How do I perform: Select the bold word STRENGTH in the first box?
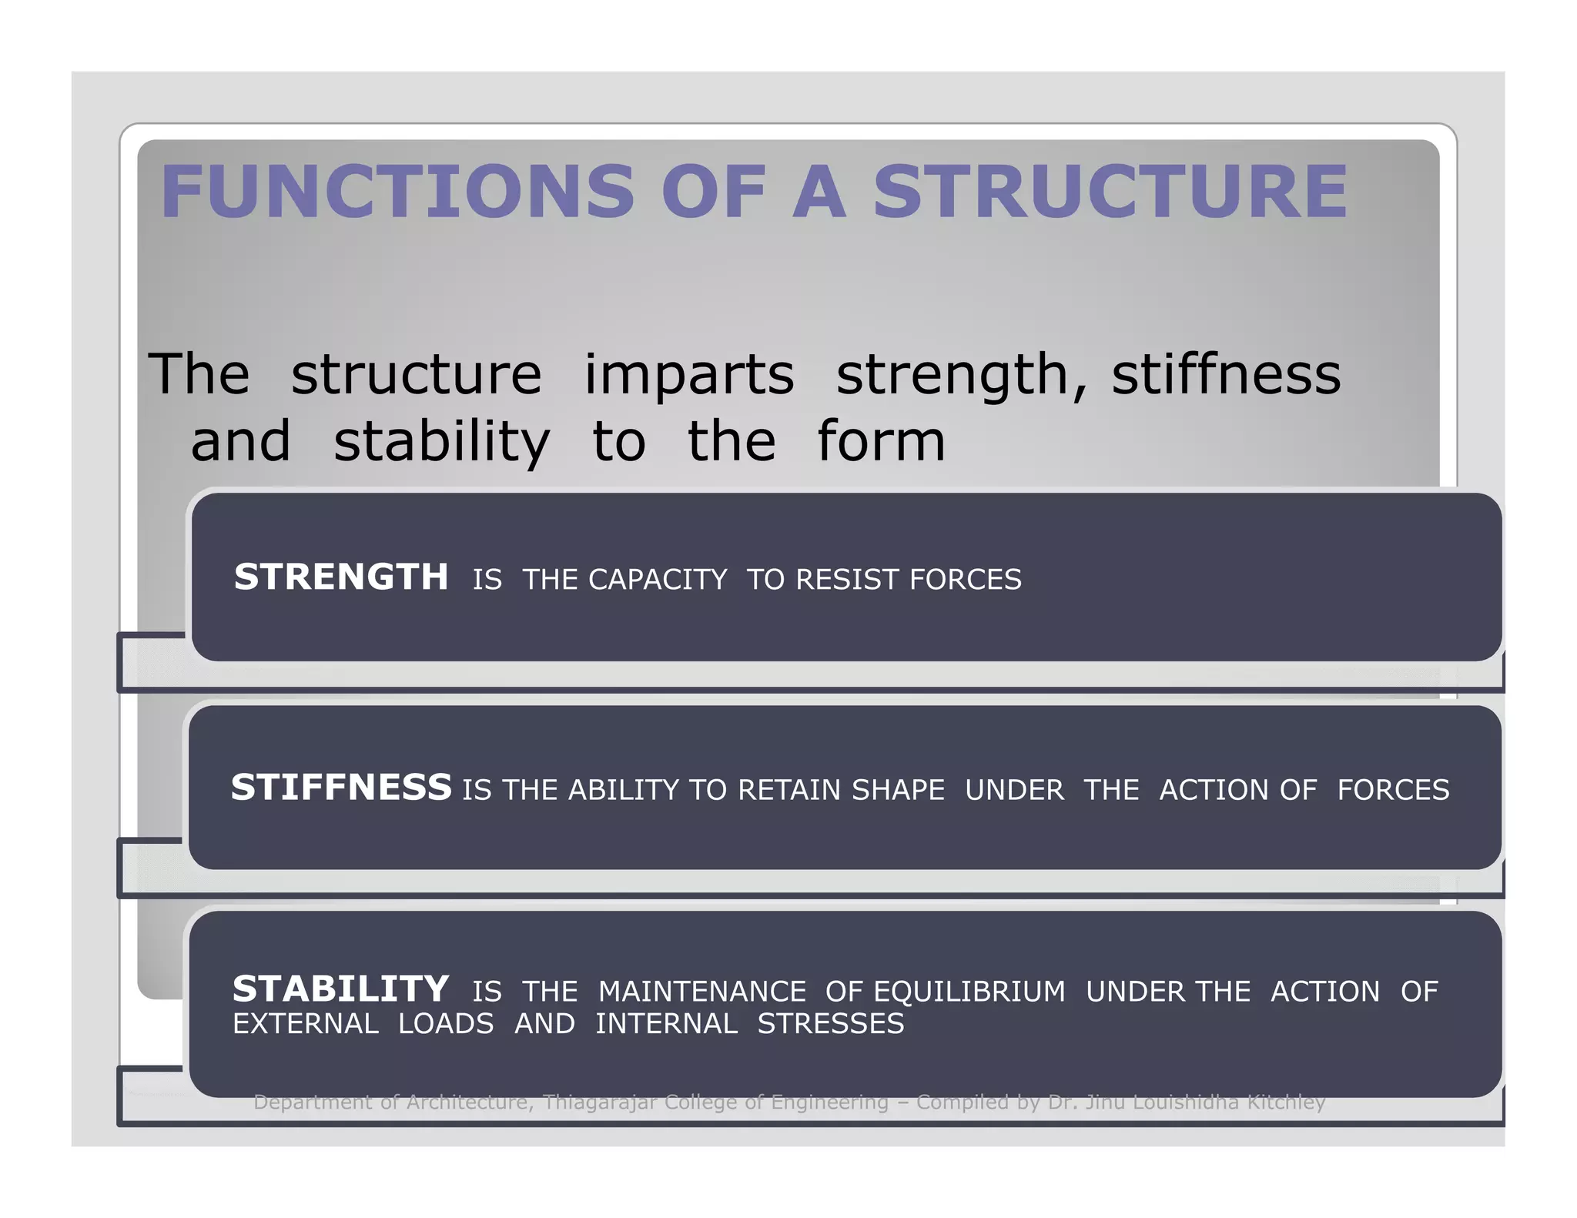pos(341,577)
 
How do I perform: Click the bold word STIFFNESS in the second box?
pos(341,788)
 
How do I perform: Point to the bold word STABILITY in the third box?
pos(340,989)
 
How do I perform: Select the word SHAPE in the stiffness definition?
pos(898,790)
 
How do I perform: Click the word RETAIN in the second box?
pos(788,790)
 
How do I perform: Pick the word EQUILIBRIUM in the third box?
pos(969,992)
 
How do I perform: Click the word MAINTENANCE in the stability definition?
pos(702,992)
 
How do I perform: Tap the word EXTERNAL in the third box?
pos(306,1024)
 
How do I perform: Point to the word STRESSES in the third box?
pos(831,1024)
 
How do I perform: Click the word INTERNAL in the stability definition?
pos(666,1024)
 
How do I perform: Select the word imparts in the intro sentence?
pos(689,375)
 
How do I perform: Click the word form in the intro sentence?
pos(881,442)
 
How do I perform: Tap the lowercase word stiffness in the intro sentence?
pos(1226,375)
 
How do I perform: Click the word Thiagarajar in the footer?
pos(599,1103)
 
